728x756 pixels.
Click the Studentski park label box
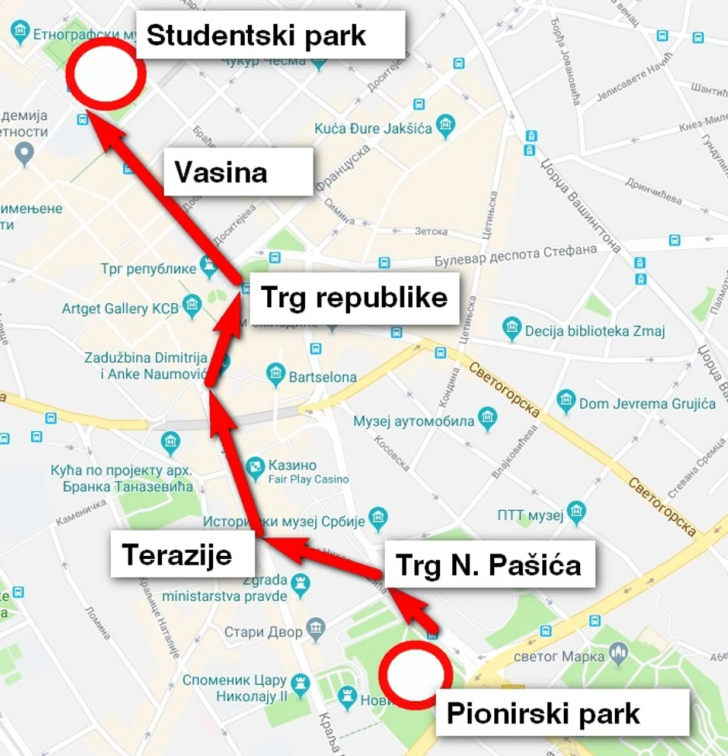tap(270, 35)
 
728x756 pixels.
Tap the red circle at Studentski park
tap(105, 74)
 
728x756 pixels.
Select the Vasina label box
tap(238, 171)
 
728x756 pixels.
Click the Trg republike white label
tap(354, 298)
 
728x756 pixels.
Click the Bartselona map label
tap(322, 378)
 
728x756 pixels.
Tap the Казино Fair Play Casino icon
tap(255, 466)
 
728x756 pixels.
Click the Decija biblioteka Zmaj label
tap(595, 331)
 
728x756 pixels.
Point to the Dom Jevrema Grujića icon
tap(566, 401)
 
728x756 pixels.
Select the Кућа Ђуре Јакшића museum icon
tap(445, 124)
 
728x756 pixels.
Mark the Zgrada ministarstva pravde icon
tap(300, 582)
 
